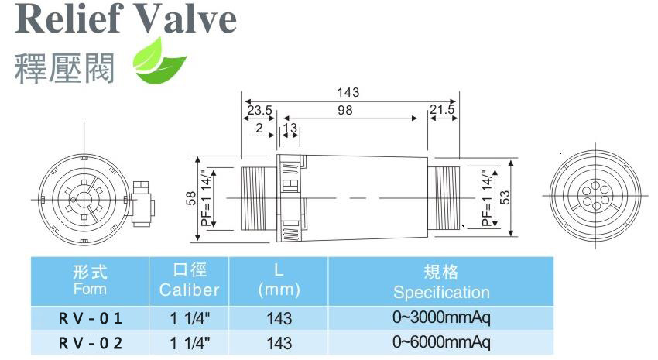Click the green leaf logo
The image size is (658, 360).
[x=159, y=62]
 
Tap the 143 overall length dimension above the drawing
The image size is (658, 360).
[x=348, y=92]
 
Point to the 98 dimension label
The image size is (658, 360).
[x=345, y=111]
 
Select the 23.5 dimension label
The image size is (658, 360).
[x=259, y=111]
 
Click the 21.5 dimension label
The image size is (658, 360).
[x=442, y=109]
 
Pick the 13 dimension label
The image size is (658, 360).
[x=290, y=128]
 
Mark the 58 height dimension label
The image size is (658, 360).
[x=191, y=198]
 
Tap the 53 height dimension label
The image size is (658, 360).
[x=505, y=197]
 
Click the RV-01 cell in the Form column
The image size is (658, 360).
[x=91, y=318]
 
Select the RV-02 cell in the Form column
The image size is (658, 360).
[x=91, y=343]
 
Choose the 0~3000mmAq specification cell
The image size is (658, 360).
[x=441, y=317]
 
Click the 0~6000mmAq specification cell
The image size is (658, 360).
[x=441, y=342]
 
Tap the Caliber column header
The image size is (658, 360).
[x=189, y=281]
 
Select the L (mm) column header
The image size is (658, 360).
[x=279, y=281]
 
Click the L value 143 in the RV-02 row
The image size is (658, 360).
[x=279, y=343]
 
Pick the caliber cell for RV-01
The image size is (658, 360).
[x=189, y=318]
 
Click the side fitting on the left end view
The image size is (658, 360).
[x=143, y=204]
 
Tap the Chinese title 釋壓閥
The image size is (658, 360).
[x=64, y=68]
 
